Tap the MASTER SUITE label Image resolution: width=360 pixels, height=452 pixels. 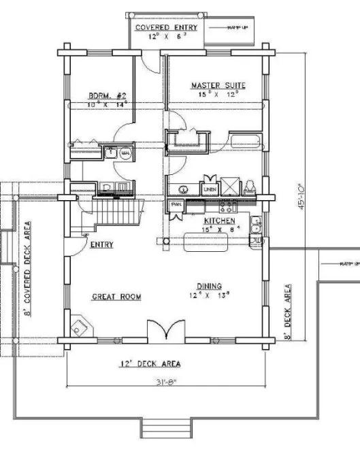pos(217,86)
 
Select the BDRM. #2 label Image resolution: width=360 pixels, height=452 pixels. pos(105,96)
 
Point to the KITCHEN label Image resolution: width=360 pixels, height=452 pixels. pos(220,221)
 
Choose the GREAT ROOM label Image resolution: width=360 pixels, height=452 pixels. pos(116,297)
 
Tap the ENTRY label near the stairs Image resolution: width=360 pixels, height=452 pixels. pos(102,245)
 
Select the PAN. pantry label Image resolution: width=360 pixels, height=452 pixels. pos(176,204)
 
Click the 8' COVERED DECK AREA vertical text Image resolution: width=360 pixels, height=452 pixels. pos(29,270)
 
